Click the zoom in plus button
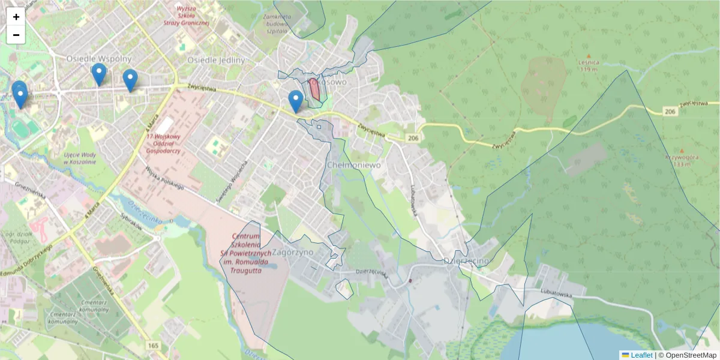pos(16,17)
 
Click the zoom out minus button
pos(16,35)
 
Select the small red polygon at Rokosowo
pos(314,89)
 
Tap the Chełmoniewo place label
pos(350,164)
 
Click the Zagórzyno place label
pos(293,253)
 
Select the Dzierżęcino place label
pos(466,261)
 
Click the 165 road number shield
pos(154,346)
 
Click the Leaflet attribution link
pos(641,355)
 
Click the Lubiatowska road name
pos(554,295)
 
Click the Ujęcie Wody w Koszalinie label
pos(80,158)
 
